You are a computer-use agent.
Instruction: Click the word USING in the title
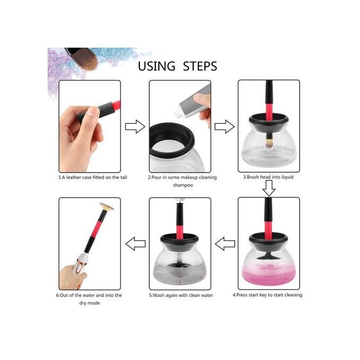coord(156,66)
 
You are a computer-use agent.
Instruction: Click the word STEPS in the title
coord(200,66)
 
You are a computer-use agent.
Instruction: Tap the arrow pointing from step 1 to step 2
coord(135,127)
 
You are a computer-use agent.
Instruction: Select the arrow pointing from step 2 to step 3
coord(224,127)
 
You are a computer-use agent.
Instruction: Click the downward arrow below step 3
coord(269,188)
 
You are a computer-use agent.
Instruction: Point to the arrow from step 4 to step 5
coord(225,244)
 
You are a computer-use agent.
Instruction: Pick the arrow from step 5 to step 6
coord(136,244)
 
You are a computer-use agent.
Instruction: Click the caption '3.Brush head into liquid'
coord(268,177)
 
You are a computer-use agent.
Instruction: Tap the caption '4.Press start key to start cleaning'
coord(267,295)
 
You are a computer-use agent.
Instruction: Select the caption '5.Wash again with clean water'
coord(181,295)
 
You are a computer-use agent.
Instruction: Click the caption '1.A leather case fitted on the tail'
coord(93,177)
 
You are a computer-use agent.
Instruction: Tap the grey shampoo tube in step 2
coord(193,101)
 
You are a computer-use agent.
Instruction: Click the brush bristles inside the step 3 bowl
coord(268,143)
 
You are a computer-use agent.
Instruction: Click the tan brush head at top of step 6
coord(107,206)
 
